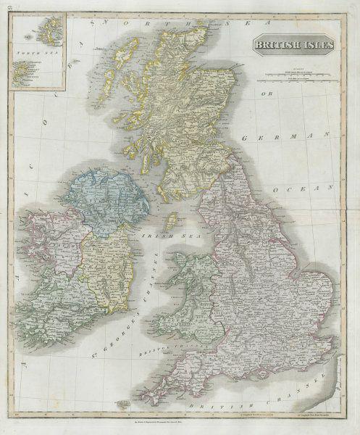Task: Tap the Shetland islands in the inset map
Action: [38, 34]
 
